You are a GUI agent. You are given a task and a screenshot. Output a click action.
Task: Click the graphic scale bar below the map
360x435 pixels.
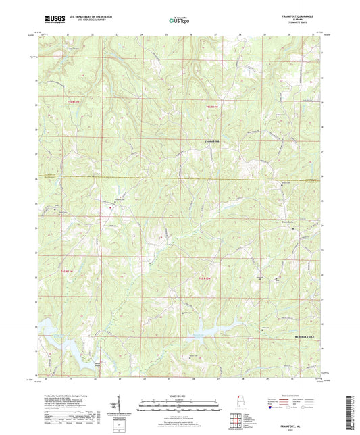coord(179,407)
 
